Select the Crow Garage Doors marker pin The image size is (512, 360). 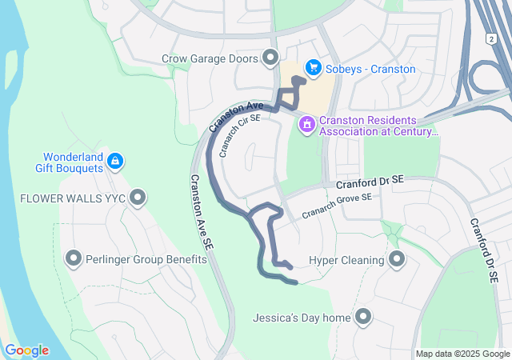(270, 58)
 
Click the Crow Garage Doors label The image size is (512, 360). (210, 58)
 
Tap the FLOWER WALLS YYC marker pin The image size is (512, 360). (138, 197)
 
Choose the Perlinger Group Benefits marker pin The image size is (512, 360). (74, 258)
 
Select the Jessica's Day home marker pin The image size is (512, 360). (364, 318)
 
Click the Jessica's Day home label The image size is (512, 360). (302, 318)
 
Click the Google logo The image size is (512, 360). (26, 350)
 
